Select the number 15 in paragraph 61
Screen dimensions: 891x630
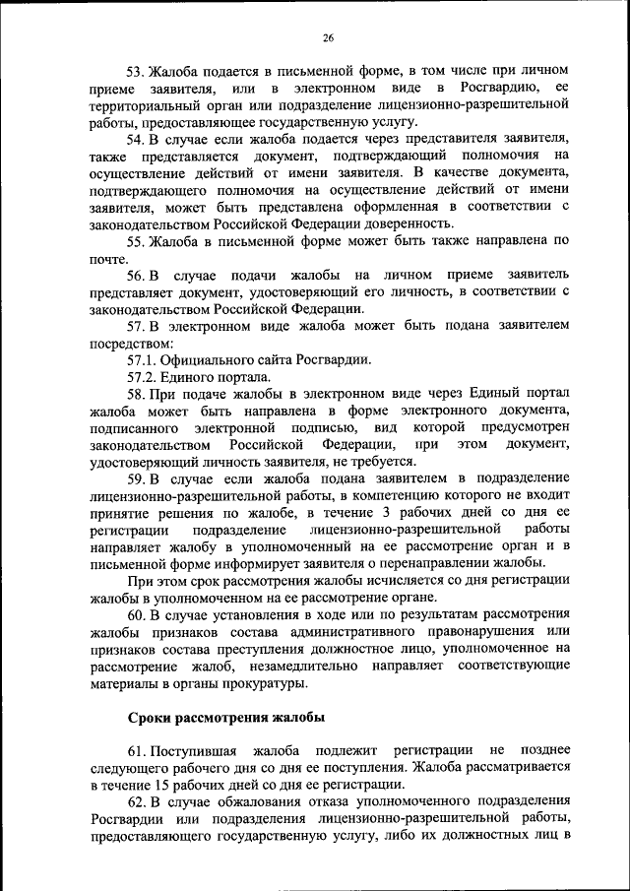click(x=164, y=786)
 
